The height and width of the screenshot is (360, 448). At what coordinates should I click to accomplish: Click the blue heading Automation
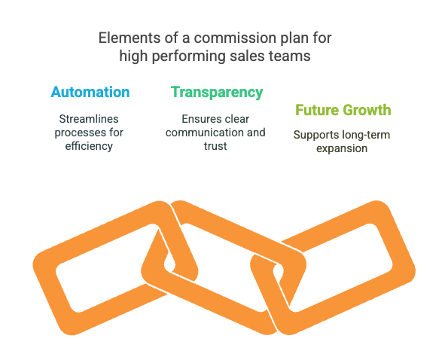(90, 93)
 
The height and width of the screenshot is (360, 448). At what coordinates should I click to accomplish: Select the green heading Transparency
(217, 93)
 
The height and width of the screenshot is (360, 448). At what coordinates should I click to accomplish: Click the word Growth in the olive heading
(366, 111)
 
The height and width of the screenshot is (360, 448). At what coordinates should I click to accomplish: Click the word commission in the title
(227, 37)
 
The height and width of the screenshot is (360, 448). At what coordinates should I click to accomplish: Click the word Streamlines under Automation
(90, 119)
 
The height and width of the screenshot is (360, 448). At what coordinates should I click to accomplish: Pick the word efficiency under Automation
(90, 146)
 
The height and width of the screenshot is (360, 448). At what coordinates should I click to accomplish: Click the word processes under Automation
(81, 133)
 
